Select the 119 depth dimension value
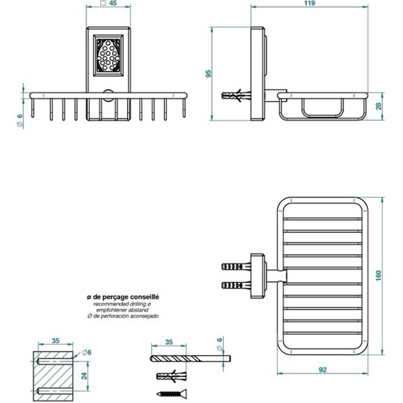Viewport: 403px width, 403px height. pyautogui.click(x=310, y=4)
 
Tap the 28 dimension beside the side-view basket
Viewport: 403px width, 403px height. pyautogui.click(x=379, y=105)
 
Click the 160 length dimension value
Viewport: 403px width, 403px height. pyautogui.click(x=379, y=276)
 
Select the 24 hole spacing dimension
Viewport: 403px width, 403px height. pyautogui.click(x=84, y=375)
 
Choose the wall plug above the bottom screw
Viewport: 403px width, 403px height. pyautogui.click(x=170, y=375)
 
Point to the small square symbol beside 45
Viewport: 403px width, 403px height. pyautogui.click(x=101, y=4)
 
